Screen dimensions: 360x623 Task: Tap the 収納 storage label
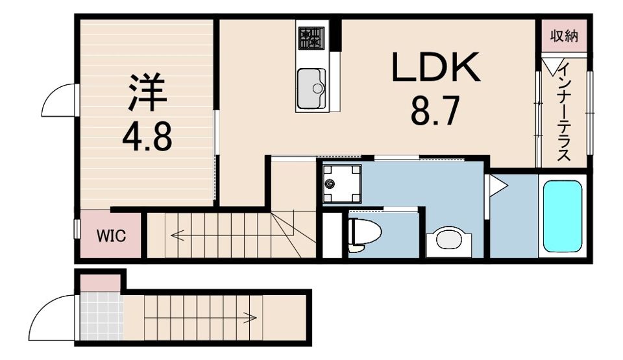tap(564, 36)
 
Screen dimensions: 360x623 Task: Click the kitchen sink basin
tap(311, 88)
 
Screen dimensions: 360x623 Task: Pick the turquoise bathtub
tap(562, 216)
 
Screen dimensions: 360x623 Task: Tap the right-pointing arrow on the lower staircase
tap(249, 317)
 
